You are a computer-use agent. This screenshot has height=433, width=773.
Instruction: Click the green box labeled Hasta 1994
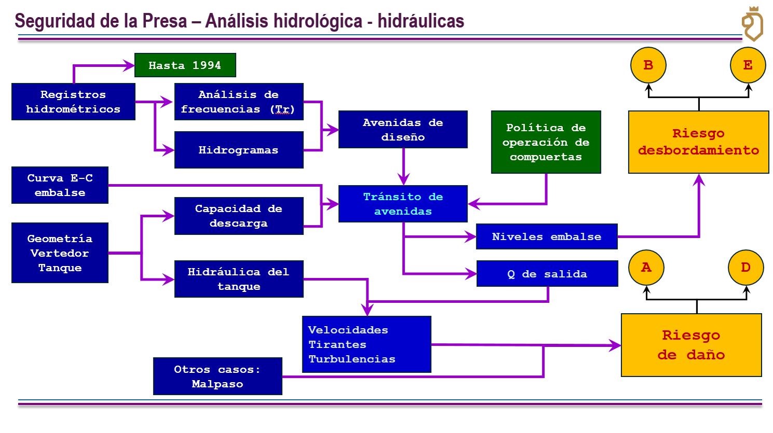(x=185, y=65)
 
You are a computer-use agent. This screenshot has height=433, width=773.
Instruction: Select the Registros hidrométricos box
(x=73, y=102)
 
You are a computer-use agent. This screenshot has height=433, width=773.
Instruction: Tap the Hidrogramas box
(x=239, y=150)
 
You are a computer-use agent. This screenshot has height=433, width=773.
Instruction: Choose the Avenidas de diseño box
(x=403, y=130)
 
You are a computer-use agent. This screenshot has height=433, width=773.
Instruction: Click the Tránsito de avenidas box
(x=403, y=204)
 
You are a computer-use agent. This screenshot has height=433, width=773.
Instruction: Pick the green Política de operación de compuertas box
(x=546, y=142)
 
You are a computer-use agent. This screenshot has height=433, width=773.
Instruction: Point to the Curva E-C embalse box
(x=60, y=185)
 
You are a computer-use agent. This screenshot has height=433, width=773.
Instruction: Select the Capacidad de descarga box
(x=239, y=216)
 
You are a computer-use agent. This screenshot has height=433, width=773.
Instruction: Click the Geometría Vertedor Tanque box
(x=60, y=253)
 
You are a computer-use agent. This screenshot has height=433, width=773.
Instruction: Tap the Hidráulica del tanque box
(x=239, y=279)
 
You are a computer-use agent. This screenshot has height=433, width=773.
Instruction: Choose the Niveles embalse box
(x=546, y=236)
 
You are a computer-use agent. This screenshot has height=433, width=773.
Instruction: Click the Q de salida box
(x=547, y=274)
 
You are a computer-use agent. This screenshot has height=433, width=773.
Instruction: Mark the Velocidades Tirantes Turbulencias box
(x=366, y=344)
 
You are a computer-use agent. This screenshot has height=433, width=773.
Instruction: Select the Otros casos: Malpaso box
(x=217, y=376)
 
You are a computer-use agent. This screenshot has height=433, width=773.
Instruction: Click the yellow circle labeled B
(x=648, y=65)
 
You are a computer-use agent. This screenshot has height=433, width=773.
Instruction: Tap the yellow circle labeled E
(x=748, y=65)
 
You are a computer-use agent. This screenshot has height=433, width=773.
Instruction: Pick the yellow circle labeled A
(x=646, y=268)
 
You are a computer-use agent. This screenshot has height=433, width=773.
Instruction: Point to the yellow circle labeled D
(x=746, y=268)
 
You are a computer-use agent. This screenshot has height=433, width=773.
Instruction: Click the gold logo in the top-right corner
(x=752, y=24)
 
